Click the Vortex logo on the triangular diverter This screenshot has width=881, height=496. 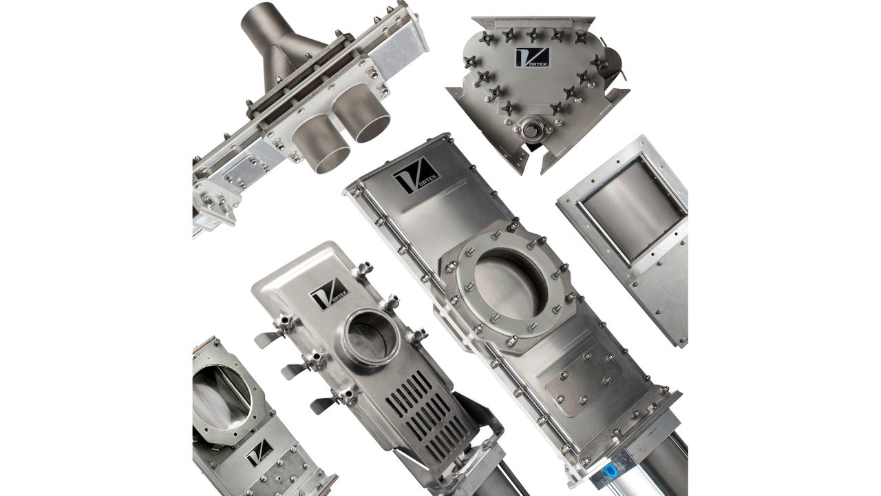pyautogui.click(x=531, y=57)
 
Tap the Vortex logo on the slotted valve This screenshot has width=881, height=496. pyautogui.click(x=328, y=294)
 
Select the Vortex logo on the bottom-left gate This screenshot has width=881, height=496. pyautogui.click(x=258, y=452)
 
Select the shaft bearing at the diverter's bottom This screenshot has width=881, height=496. pyautogui.click(x=530, y=130)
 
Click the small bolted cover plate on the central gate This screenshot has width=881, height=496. pyautogui.click(x=582, y=379)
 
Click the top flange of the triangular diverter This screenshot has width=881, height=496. pyautogui.click(x=544, y=23)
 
